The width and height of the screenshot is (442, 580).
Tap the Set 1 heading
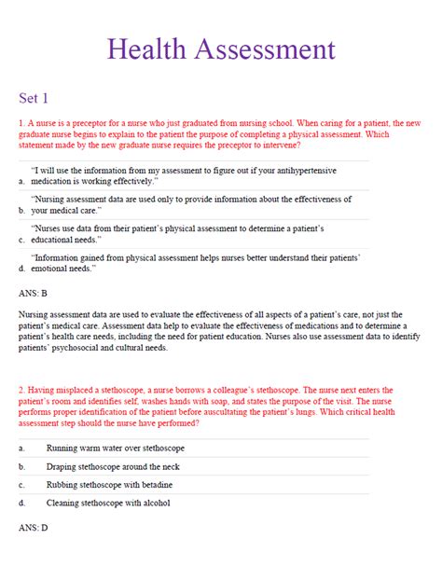click(x=35, y=97)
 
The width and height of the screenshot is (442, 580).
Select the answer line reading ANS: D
click(x=34, y=528)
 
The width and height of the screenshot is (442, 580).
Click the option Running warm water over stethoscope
click(x=116, y=449)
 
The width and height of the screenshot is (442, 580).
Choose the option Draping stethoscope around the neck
click(x=118, y=467)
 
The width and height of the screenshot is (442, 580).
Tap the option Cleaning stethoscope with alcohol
click(x=108, y=504)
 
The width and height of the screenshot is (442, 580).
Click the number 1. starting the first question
click(x=21, y=122)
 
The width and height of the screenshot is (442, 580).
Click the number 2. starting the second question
click(x=21, y=390)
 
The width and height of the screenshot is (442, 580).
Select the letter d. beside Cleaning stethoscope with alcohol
click(x=21, y=504)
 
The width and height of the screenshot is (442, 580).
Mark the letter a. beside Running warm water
click(x=21, y=449)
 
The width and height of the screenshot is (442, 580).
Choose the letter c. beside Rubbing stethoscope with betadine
click(x=21, y=485)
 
